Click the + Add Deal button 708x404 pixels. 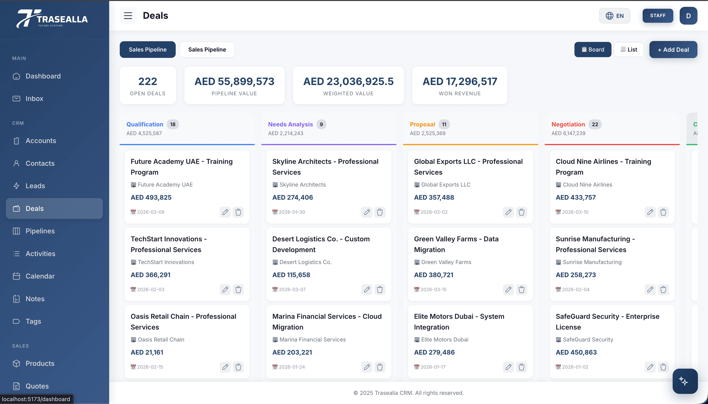pos(673,50)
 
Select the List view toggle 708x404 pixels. pos(629,50)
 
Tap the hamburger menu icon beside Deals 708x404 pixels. pos(128,16)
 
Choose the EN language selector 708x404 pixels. pos(614,16)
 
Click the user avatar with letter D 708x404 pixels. pos(688,16)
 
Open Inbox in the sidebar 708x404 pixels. pos(34,99)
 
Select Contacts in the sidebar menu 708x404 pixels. pos(40,163)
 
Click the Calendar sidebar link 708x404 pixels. pos(40,276)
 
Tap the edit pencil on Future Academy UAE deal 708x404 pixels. pos(225,212)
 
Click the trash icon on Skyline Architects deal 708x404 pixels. pos(380,212)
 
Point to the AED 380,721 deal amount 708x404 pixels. pos(434,275)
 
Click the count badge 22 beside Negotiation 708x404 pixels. pos(595,124)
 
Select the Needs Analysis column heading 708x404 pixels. pos(290,124)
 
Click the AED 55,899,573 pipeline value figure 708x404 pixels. pos(234,81)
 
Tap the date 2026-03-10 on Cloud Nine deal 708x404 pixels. pos(575,212)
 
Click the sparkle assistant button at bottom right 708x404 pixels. pos(684,381)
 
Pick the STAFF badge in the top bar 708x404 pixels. pos(658,16)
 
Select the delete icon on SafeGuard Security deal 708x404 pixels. pos(663,367)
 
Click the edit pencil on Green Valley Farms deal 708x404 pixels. pos(509,289)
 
